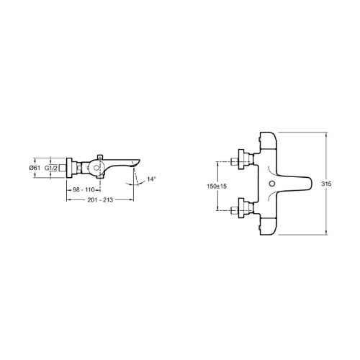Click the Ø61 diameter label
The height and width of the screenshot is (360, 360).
(x=35, y=168)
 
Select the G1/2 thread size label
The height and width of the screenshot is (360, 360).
(x=51, y=168)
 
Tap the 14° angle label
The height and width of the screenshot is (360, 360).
(x=151, y=179)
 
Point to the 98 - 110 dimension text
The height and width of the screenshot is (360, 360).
(x=84, y=189)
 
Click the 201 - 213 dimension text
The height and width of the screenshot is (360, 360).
(x=100, y=199)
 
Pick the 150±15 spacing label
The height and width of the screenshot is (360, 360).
(x=217, y=186)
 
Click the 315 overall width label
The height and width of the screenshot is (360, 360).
(x=326, y=184)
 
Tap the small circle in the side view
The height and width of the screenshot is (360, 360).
(x=96, y=168)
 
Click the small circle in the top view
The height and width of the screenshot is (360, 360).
(x=271, y=184)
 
